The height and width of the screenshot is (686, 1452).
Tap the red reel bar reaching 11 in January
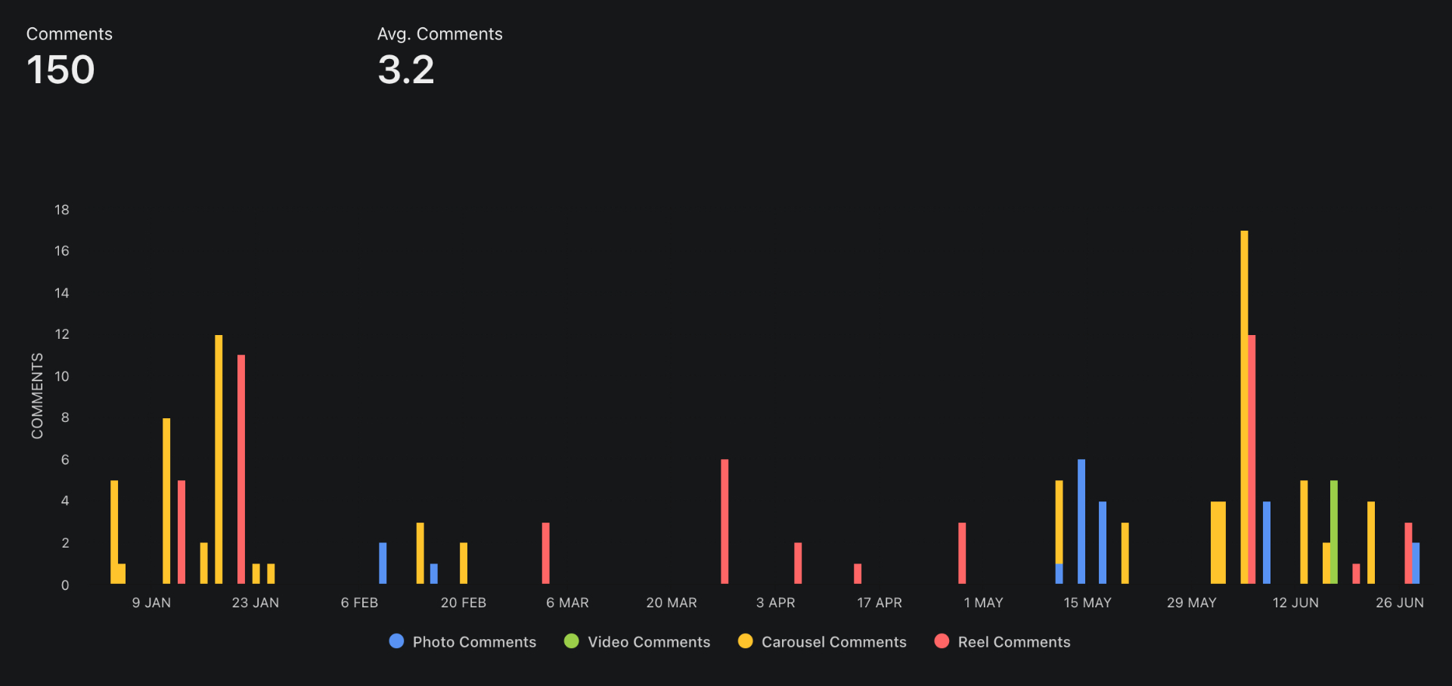point(241,469)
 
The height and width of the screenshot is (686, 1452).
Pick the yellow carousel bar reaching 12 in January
point(219,459)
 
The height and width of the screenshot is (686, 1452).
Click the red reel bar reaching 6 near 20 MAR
point(724,521)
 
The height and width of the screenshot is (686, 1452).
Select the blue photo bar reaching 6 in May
point(1081,521)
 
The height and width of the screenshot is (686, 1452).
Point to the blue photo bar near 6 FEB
point(383,563)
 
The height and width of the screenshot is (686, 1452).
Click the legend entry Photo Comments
point(463,642)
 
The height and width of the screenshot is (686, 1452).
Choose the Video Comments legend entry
point(638,642)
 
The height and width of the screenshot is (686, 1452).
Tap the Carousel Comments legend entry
point(822,642)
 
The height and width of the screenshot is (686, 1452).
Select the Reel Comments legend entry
point(1003,642)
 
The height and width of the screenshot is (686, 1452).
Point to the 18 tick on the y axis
point(62,210)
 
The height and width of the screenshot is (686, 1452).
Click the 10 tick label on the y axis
point(62,376)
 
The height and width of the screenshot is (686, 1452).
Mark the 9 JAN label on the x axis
point(151,603)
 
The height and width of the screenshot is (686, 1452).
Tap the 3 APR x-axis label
point(775,603)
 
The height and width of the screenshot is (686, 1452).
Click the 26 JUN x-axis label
point(1399,603)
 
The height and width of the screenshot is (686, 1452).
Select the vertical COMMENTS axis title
point(37,396)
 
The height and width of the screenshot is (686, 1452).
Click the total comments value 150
point(60,70)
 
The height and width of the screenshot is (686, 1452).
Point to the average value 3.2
point(406,70)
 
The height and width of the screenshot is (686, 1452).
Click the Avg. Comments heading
point(439,34)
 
